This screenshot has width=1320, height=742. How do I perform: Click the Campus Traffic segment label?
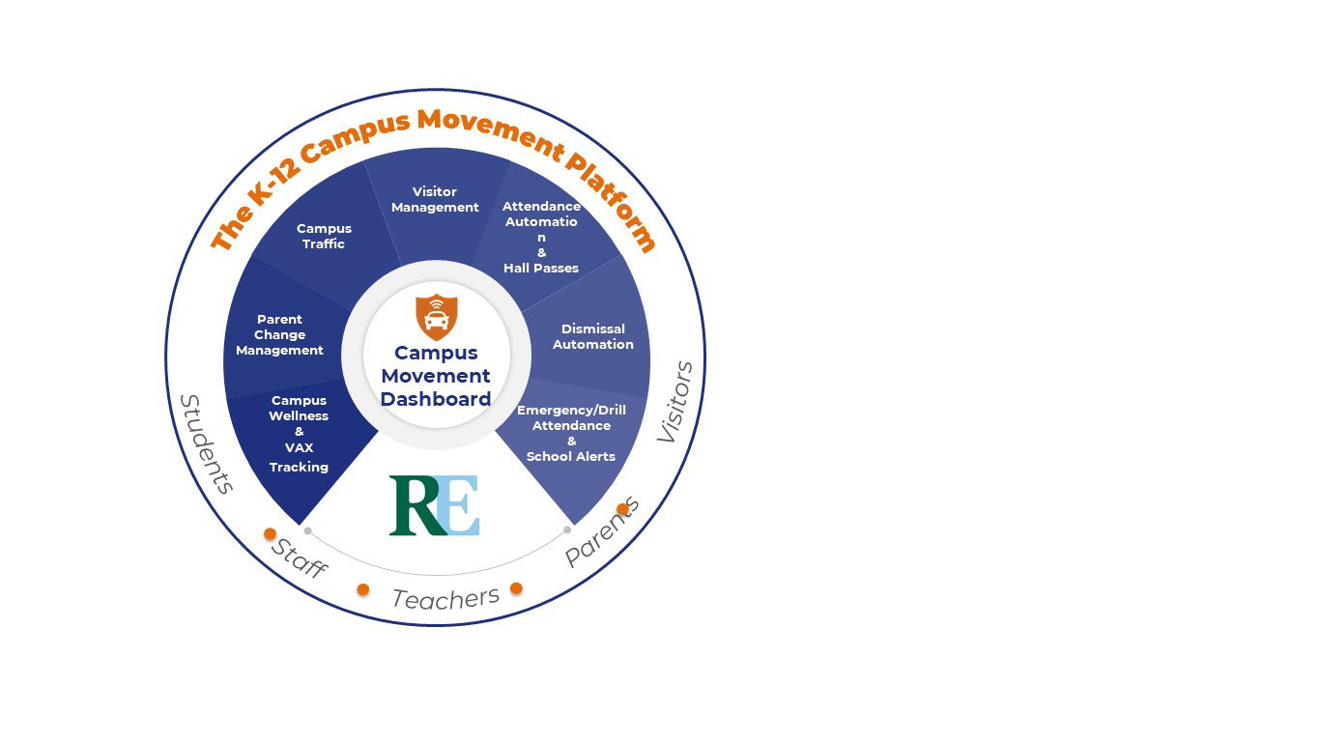tap(324, 237)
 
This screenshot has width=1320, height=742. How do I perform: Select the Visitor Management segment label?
tap(435, 200)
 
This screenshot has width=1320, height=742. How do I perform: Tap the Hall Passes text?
tap(541, 269)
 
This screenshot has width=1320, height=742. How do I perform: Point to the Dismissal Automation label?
tap(592, 337)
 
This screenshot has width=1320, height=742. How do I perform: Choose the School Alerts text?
tap(570, 457)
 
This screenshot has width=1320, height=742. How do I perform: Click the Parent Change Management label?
tap(279, 335)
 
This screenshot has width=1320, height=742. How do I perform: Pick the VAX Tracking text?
tap(299, 458)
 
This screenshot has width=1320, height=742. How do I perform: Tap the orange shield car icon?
tap(436, 317)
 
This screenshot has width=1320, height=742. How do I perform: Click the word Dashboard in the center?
tap(436, 399)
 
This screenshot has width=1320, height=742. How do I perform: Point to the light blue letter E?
tap(461, 505)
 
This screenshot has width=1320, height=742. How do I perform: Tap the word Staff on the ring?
tap(299, 558)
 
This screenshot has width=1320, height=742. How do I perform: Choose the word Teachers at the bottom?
tap(445, 599)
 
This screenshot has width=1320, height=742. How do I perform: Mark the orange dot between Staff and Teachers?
tap(363, 589)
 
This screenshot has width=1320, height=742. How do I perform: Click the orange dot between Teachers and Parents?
tap(516, 588)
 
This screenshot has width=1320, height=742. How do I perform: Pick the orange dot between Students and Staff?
tap(270, 533)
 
